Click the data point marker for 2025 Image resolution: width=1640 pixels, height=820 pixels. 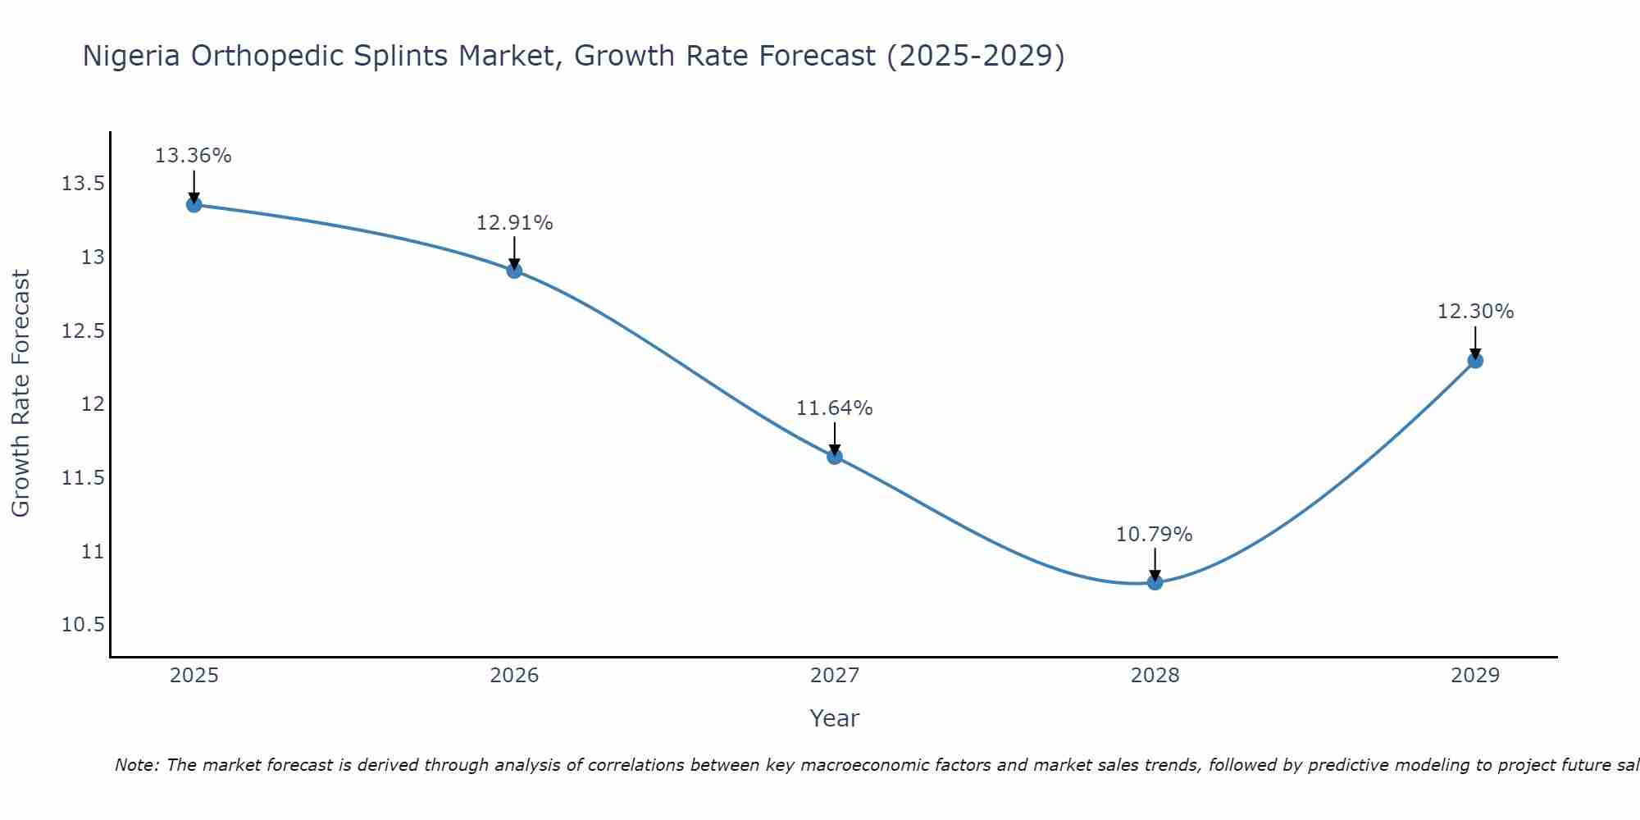point(194,205)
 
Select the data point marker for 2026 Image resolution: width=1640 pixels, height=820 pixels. point(514,271)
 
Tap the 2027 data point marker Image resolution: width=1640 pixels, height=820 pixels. point(835,457)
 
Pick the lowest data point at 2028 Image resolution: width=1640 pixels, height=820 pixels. point(1155,582)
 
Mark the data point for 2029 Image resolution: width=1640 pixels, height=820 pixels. point(1475,360)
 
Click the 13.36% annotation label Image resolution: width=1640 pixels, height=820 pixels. point(194,156)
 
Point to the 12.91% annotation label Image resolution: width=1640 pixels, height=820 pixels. point(514,223)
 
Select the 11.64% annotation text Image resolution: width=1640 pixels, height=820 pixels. point(835,408)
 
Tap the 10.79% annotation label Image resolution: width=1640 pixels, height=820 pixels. point(1155,535)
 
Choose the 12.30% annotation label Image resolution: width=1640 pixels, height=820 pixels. point(1475,312)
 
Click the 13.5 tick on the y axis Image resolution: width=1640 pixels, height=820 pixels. point(83,184)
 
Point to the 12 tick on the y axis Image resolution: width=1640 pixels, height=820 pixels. point(93,404)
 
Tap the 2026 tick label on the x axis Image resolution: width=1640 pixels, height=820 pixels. point(514,676)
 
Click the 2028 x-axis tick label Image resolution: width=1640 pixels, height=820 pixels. point(1155,676)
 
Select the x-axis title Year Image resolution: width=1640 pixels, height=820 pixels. point(834,718)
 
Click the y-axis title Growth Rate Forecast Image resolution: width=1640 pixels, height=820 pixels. point(20,394)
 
